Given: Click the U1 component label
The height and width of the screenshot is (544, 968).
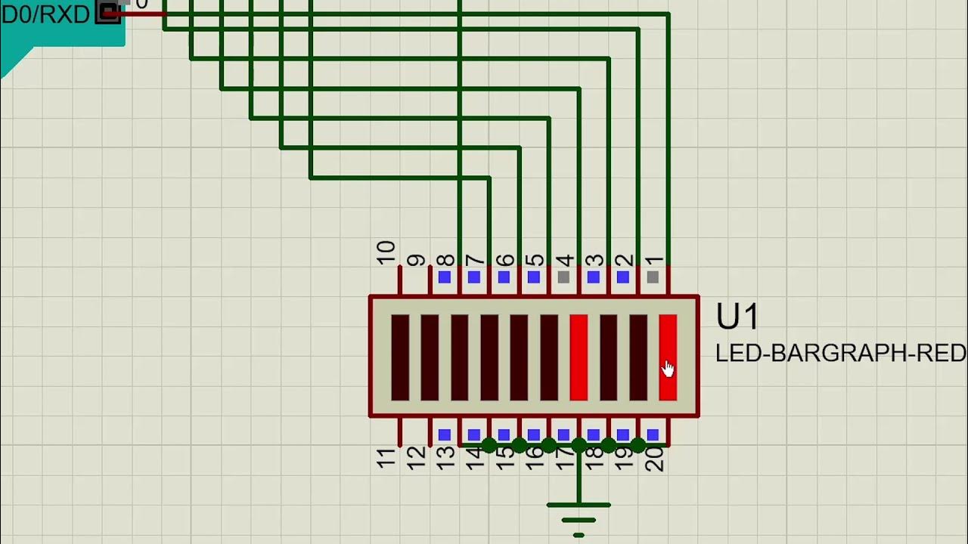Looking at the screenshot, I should click(x=737, y=318).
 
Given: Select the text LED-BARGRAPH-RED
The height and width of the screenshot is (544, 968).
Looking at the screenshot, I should click(x=840, y=353).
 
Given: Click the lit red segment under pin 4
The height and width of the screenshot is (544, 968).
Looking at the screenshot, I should click(x=579, y=357).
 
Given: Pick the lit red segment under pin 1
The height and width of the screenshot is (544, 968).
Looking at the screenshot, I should click(x=668, y=357).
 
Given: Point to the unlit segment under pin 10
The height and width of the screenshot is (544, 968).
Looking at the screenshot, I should click(x=400, y=357).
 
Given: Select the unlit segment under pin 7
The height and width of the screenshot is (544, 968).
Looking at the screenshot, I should click(x=489, y=357).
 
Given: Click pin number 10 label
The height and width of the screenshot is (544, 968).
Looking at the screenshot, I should click(x=386, y=252).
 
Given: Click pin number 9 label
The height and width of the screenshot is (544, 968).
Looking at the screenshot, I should click(x=416, y=260).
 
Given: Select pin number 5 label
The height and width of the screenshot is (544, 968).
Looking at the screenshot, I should click(x=535, y=260).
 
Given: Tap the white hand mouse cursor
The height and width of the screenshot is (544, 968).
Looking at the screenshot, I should click(x=668, y=369).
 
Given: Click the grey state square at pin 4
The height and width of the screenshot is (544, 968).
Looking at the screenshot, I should click(x=563, y=277).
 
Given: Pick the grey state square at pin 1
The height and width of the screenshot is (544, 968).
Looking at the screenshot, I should click(x=653, y=277).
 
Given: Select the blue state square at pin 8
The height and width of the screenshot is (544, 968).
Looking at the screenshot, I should click(x=445, y=277).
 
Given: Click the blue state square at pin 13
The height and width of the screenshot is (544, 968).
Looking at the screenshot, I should click(x=445, y=434).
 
